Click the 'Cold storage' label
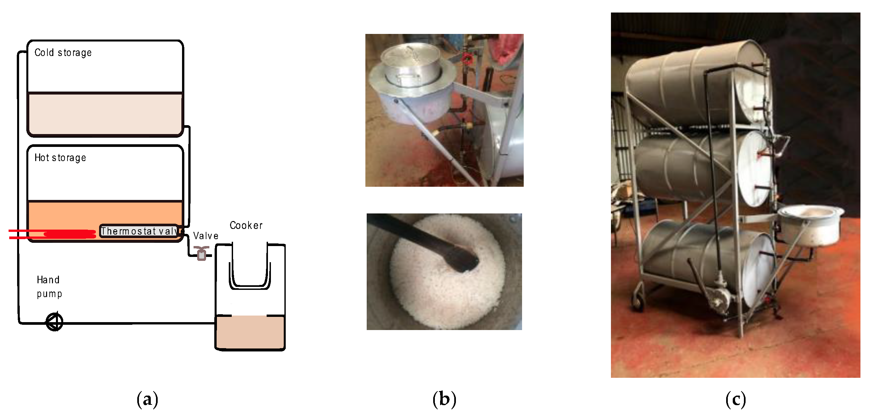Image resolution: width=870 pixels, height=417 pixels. tap(63, 53)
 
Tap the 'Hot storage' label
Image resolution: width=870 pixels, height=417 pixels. tap(60, 158)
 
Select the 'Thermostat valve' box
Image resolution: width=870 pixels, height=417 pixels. tap(139, 231)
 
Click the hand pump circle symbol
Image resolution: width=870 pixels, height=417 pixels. tap(54, 322)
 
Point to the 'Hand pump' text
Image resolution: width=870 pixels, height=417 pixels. tap(49, 287)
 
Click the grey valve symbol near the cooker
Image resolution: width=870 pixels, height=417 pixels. tap(202, 253)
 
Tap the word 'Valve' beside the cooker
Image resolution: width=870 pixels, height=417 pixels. tap(206, 236)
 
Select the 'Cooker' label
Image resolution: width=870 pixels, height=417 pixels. tap(246, 225)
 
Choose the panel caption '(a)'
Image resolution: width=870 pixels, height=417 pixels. tap(147, 400)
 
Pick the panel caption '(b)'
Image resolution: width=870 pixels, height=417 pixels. tap(444, 400)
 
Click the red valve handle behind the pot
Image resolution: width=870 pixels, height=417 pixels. tap(467, 59)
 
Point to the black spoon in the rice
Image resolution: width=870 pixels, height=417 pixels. tap(426, 242)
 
